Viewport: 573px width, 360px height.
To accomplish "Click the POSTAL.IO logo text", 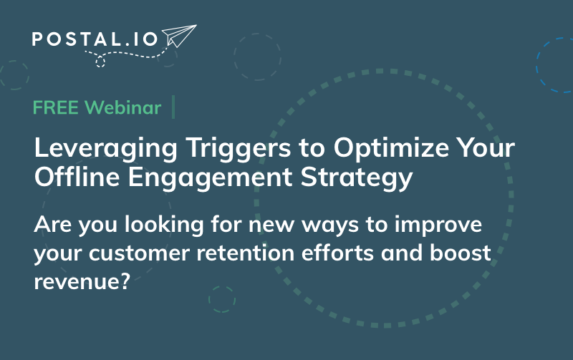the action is [95, 39].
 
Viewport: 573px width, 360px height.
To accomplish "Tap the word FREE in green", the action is [56, 107].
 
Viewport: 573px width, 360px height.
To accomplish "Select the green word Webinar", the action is [122, 107].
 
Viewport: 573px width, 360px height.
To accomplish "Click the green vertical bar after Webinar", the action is [173, 107].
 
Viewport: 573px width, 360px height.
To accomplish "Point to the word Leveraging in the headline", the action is [105, 149].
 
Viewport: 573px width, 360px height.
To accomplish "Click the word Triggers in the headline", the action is [239, 149].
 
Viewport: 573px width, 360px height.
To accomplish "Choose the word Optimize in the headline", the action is [391, 149].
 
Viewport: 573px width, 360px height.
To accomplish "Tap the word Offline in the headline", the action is [77, 177].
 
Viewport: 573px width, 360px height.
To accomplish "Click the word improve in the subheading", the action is [438, 225].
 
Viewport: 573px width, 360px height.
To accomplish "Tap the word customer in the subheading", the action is [139, 253].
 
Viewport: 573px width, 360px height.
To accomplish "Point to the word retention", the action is [245, 253].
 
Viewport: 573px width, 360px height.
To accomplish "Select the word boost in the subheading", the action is [461, 253].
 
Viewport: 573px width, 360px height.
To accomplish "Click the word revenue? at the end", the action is [82, 281].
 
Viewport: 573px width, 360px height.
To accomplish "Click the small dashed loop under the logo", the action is [100, 62].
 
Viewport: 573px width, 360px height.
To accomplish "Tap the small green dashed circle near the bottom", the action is [222, 299].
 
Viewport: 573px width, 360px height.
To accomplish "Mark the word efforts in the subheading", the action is [337, 253].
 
